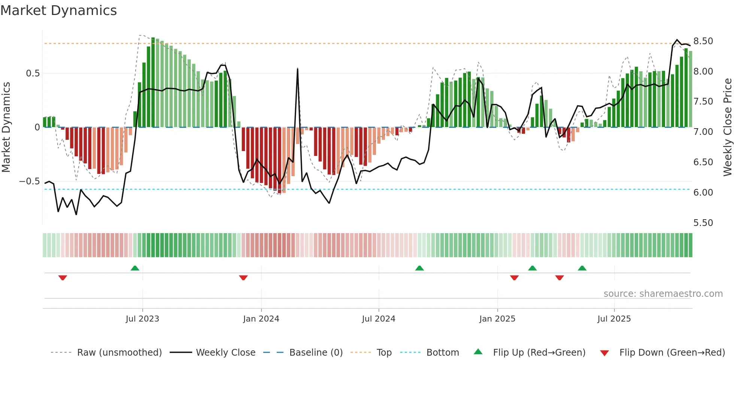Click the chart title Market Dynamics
click(58, 10)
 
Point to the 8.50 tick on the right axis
click(703, 41)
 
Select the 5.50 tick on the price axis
click(703, 223)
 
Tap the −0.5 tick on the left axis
click(30, 181)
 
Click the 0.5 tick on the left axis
click(33, 73)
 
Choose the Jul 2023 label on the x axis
click(142, 319)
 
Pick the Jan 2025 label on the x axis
click(497, 319)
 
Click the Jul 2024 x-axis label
click(378, 319)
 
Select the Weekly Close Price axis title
click(727, 127)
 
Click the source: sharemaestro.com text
click(663, 294)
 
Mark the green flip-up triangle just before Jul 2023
click(135, 268)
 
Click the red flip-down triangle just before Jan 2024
click(243, 278)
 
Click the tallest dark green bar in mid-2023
click(153, 82)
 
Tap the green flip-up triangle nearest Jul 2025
click(582, 268)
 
